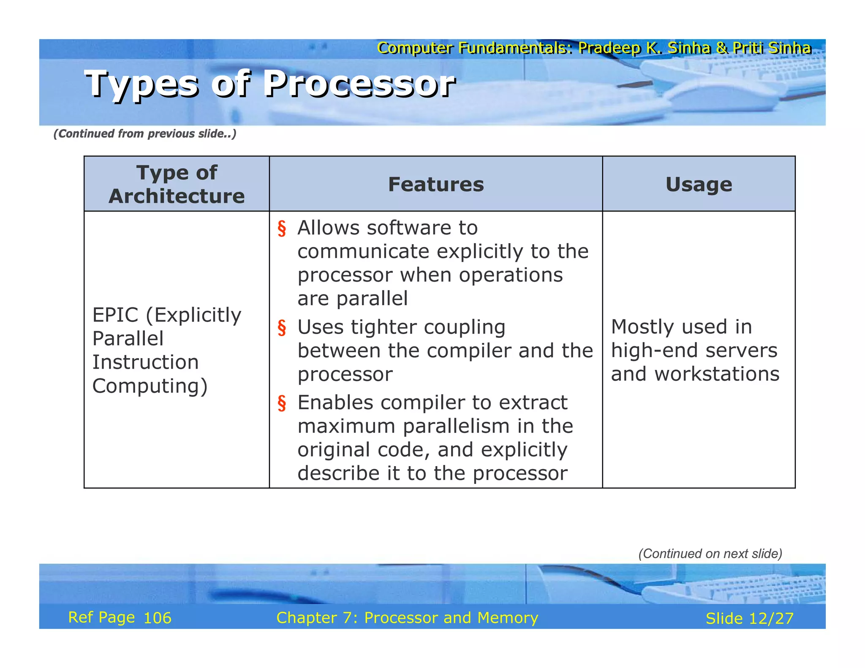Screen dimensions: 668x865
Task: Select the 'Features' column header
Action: point(435,185)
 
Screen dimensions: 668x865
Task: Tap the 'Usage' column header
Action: point(699,185)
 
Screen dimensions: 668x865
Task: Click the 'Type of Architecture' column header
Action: point(177,184)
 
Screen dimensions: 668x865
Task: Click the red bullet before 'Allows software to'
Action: point(282,228)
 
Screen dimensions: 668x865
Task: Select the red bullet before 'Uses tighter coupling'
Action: point(282,328)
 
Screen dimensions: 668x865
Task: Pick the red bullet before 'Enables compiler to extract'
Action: point(282,403)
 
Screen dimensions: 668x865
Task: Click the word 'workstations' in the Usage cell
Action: point(717,374)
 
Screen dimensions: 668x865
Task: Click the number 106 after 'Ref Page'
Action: point(157,618)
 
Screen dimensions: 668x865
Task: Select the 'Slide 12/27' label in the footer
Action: point(749,619)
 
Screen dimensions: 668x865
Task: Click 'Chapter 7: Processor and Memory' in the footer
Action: point(407,618)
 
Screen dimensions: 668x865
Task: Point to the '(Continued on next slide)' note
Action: point(710,554)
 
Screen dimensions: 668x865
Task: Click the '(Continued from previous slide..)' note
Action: point(144,134)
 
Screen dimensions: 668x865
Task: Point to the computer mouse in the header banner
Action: point(718,95)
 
